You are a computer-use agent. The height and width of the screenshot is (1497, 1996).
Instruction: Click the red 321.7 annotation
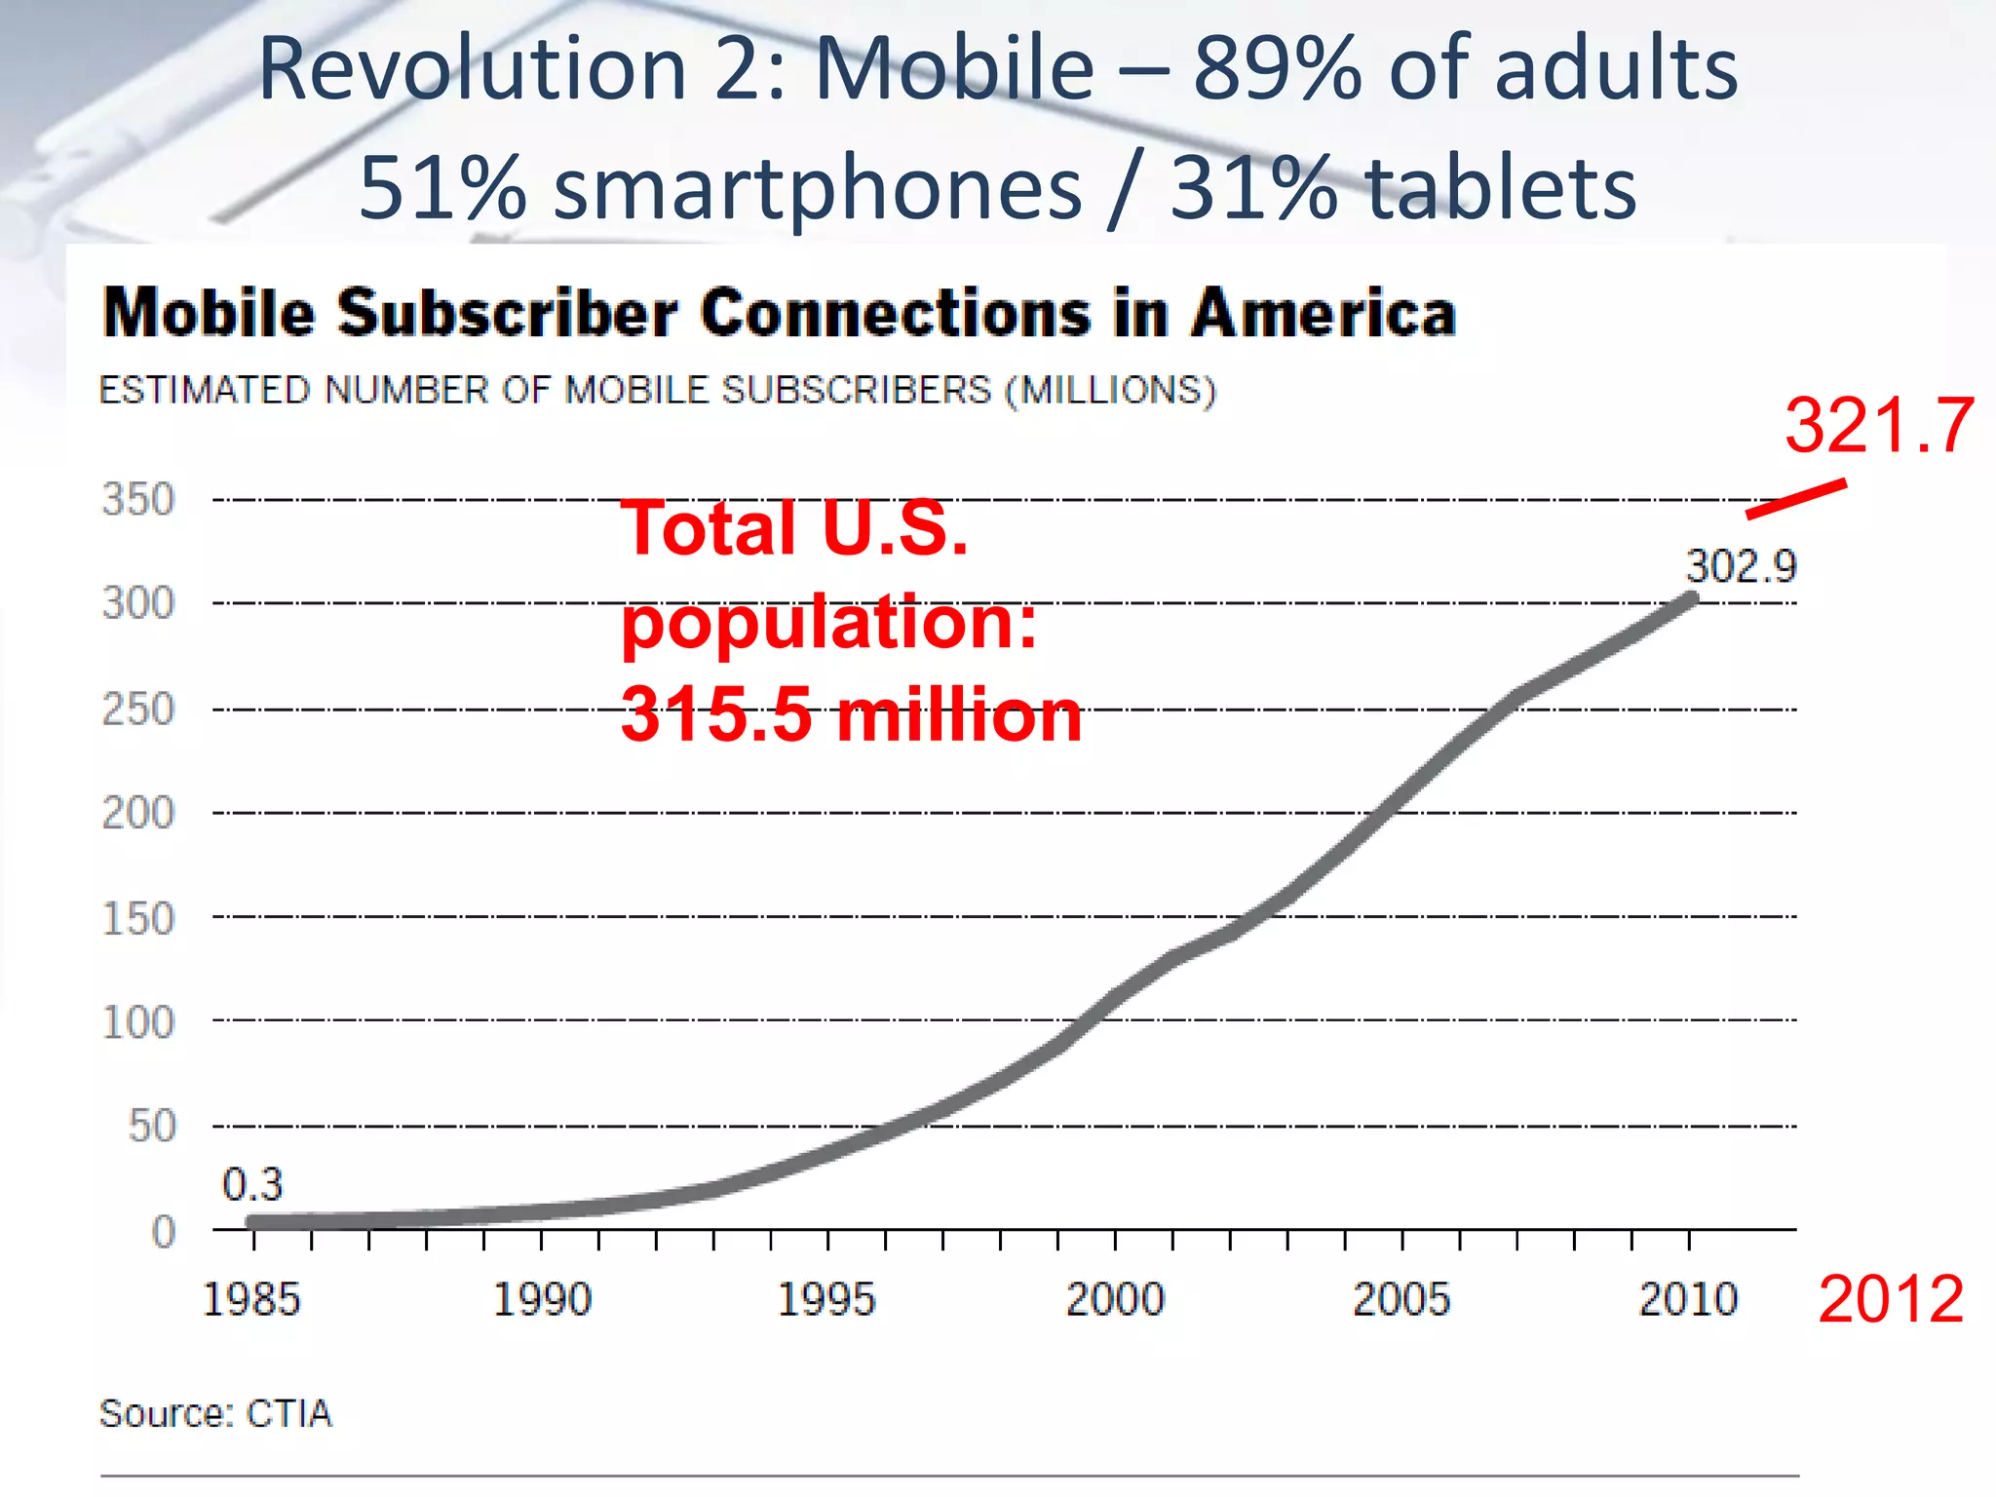pyautogui.click(x=1878, y=426)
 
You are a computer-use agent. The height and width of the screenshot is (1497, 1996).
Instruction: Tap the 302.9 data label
pyautogui.click(x=1741, y=566)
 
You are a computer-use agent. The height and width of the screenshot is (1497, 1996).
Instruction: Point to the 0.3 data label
pyautogui.click(x=251, y=1184)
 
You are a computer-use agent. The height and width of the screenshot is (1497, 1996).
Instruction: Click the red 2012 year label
pyautogui.click(x=1890, y=1299)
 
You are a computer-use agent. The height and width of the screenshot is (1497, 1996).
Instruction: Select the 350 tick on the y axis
pyautogui.click(x=138, y=499)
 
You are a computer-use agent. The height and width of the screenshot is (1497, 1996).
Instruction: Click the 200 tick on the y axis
pyautogui.click(x=138, y=812)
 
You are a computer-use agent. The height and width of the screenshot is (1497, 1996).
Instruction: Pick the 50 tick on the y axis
pyautogui.click(x=152, y=1126)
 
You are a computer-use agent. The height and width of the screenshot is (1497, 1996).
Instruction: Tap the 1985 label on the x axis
pyautogui.click(x=251, y=1299)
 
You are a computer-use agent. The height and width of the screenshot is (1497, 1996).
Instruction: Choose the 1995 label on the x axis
pyautogui.click(x=826, y=1299)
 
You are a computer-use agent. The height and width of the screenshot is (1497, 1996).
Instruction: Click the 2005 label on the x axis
pyautogui.click(x=1401, y=1299)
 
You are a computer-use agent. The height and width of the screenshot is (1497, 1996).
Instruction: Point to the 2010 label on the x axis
pyautogui.click(x=1688, y=1299)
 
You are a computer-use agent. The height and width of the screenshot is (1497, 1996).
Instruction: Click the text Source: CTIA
pyautogui.click(x=215, y=1413)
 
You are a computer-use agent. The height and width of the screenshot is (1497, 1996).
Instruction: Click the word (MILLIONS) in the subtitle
pyautogui.click(x=1111, y=391)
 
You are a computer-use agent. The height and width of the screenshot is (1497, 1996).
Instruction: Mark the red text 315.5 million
pyautogui.click(x=850, y=714)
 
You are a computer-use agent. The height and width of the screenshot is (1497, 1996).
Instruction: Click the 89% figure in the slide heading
pyautogui.click(x=1277, y=68)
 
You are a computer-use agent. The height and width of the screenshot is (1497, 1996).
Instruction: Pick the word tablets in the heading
pyautogui.click(x=1501, y=187)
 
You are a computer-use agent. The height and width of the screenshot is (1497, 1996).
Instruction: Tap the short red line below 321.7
pyautogui.click(x=1795, y=498)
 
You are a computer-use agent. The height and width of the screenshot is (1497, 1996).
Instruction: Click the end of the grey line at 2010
pyautogui.click(x=1691, y=599)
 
